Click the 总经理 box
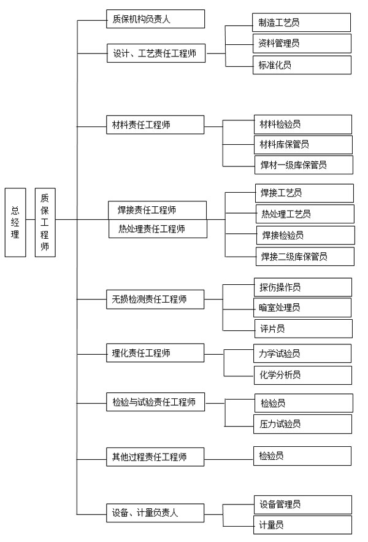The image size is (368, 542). click(x=15, y=222)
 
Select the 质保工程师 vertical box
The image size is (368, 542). click(x=45, y=222)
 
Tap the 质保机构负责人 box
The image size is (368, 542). click(x=155, y=19)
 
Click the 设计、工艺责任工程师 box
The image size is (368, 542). click(x=156, y=53)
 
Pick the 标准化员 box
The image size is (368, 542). click(x=302, y=65)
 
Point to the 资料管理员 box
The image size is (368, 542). click(x=302, y=43)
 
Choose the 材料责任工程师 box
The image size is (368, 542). click(x=155, y=125)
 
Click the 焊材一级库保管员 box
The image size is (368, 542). click(x=304, y=165)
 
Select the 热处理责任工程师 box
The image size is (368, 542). click(x=158, y=229)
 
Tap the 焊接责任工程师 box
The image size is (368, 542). click(x=157, y=210)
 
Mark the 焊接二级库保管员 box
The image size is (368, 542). click(x=305, y=257)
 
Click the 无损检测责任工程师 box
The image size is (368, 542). click(x=155, y=300)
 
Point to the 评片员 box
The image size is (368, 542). click(x=304, y=329)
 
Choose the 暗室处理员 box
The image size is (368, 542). click(x=303, y=308)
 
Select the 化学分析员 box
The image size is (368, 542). click(x=303, y=375)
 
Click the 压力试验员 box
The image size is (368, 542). click(x=303, y=424)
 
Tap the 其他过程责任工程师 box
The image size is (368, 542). click(x=155, y=457)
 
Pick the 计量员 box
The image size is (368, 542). click(x=303, y=525)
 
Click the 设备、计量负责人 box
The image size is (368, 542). click(x=155, y=513)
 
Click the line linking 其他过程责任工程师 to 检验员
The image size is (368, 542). click(x=229, y=459)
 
